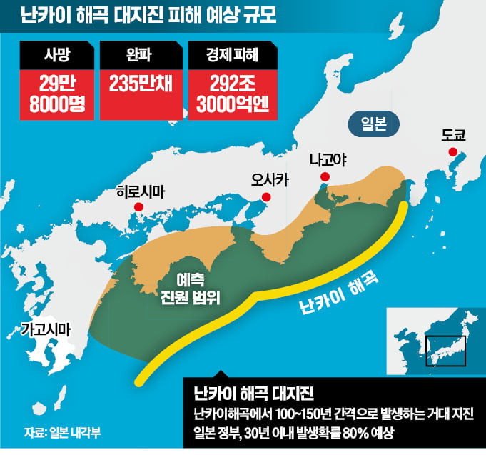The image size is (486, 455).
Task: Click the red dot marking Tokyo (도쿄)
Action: click(452, 151)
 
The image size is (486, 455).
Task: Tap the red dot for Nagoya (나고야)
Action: click(325, 176)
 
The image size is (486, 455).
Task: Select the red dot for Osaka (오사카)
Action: click(267, 197)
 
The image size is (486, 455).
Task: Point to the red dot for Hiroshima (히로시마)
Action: click(139, 207)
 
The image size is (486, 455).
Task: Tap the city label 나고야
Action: click(328, 159)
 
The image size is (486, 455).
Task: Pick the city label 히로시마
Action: click(140, 191)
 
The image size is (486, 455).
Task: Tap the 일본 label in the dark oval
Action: click(369, 123)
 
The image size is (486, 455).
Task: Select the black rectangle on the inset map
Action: click(445, 351)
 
